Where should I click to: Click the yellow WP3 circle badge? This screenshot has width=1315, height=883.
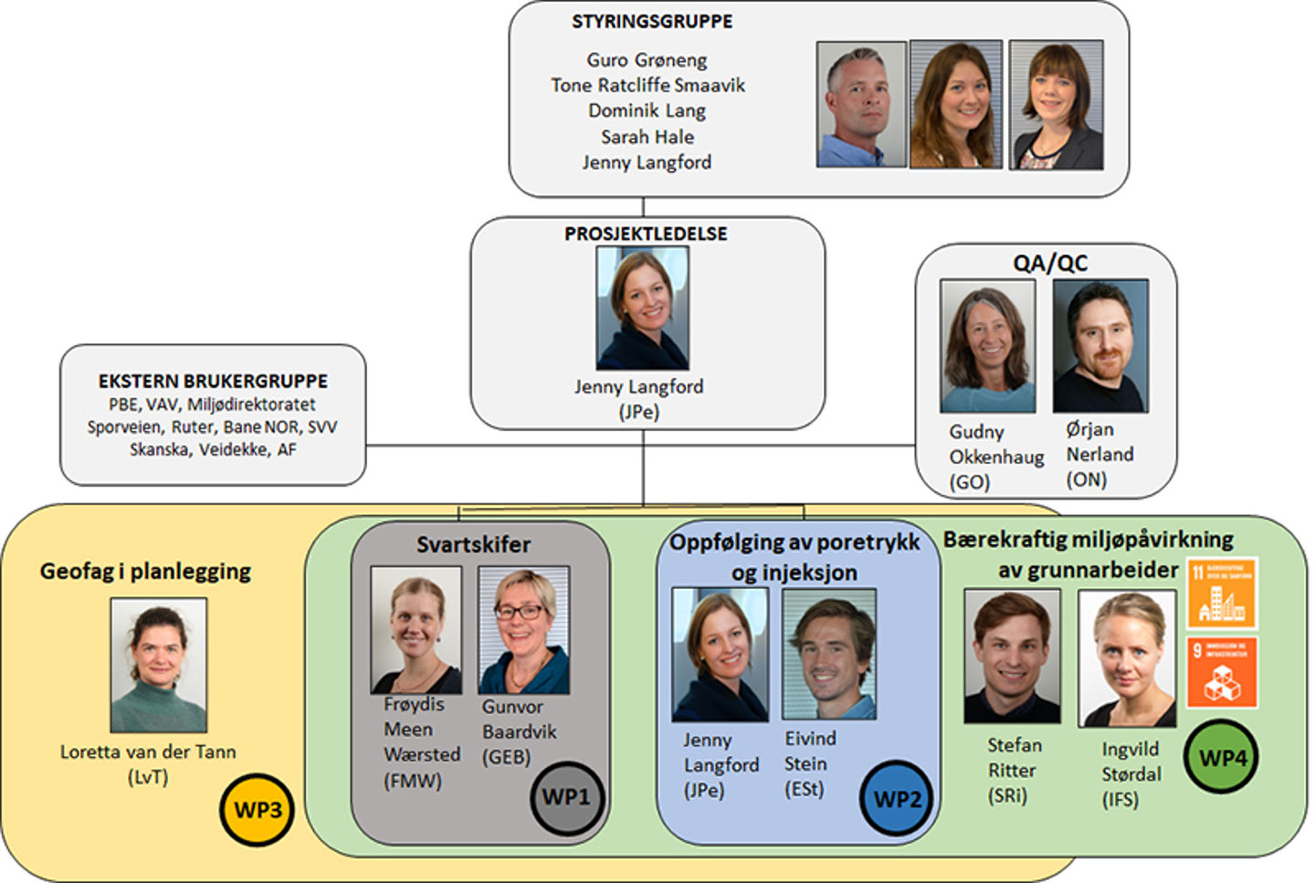pyautogui.click(x=258, y=809)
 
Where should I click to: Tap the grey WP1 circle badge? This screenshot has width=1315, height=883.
pyautogui.click(x=566, y=797)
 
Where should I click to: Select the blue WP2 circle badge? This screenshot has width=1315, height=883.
pyautogui.click(x=896, y=800)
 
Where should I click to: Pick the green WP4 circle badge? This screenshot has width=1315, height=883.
pyautogui.click(x=1222, y=758)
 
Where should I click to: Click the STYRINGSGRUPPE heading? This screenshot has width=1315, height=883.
pyautogui.click(x=652, y=22)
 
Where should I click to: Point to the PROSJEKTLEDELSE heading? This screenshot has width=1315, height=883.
pyautogui.click(x=646, y=234)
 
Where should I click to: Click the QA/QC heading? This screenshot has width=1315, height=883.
pyautogui.click(x=1050, y=263)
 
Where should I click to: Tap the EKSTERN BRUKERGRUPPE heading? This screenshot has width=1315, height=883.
pyautogui.click(x=213, y=381)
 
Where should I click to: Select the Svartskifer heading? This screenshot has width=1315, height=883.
pyautogui.click(x=473, y=545)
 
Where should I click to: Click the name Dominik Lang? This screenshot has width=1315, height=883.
pyautogui.click(x=647, y=110)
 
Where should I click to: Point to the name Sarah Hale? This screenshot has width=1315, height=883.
pyautogui.click(x=647, y=137)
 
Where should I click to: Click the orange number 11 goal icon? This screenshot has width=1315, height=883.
pyautogui.click(x=1222, y=593)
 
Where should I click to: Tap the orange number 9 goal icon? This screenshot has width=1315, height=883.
pyautogui.click(x=1222, y=673)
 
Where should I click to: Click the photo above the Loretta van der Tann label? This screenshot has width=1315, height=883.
pyautogui.click(x=159, y=665)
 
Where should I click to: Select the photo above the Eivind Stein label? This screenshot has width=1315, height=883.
pyautogui.click(x=829, y=654)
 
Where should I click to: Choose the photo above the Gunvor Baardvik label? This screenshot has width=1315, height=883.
pyautogui.click(x=524, y=630)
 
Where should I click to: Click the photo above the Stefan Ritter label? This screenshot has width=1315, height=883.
pyautogui.click(x=1012, y=656)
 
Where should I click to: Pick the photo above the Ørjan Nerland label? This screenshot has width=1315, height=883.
pyautogui.click(x=1100, y=346)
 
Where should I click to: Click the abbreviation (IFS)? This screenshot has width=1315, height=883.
pyautogui.click(x=1120, y=799)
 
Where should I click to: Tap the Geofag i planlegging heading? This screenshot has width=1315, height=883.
pyautogui.click(x=145, y=572)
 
